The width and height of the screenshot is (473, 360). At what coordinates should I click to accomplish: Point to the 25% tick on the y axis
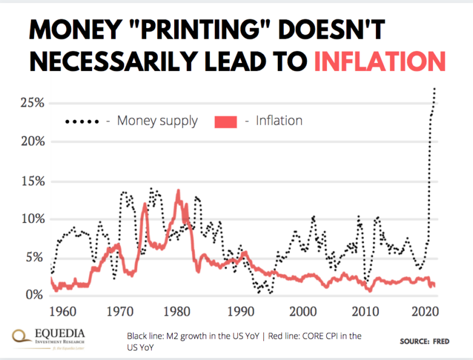point(32,103)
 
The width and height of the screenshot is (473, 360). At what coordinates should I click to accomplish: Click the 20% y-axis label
point(32,142)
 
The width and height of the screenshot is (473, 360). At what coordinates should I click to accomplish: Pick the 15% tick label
point(32,181)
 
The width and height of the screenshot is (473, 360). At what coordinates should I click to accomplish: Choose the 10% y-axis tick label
point(32,219)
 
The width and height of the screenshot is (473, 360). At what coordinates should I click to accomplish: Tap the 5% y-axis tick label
point(35,258)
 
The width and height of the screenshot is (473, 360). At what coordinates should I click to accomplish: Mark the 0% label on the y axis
point(35,296)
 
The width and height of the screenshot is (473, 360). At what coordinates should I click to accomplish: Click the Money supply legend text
point(157,121)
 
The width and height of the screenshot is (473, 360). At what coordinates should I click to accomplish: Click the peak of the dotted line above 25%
point(435,89)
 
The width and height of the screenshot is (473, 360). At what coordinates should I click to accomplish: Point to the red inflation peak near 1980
point(178,191)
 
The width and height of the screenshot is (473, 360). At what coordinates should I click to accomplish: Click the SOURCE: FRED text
point(424,342)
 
